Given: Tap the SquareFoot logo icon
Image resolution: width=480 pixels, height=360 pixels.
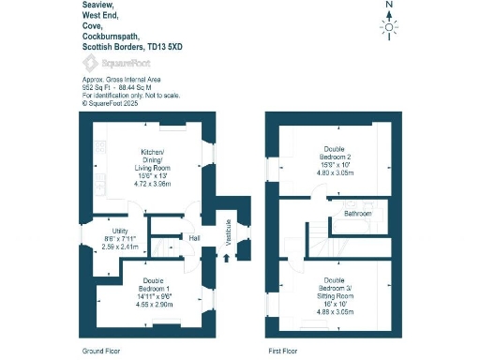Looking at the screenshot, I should click(90, 63).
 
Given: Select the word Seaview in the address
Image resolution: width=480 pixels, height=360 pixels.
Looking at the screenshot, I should click(96, 5).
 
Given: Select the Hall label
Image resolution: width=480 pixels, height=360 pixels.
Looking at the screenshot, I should click(194, 238).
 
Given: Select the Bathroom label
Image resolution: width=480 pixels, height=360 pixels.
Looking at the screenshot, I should click(357, 214).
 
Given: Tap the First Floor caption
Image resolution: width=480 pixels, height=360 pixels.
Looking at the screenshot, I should click(281, 350).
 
